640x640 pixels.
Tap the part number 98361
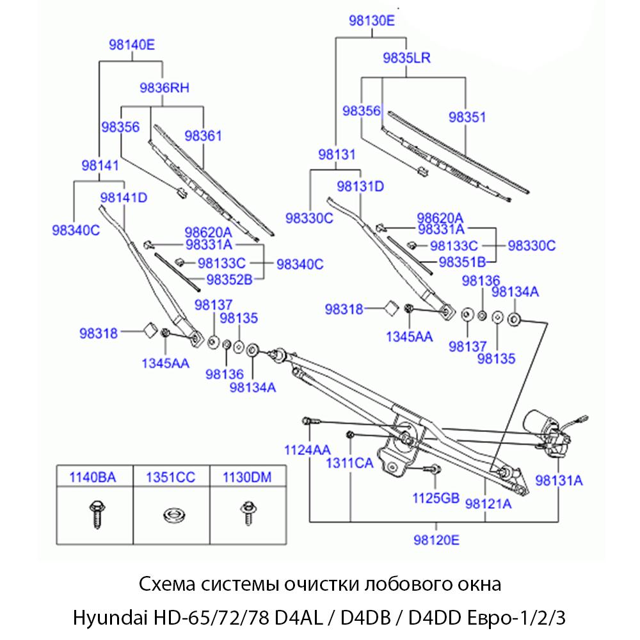click(x=203, y=136)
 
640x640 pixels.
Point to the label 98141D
click(x=124, y=197)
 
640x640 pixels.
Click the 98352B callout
click(x=229, y=278)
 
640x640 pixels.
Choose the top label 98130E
click(x=372, y=20)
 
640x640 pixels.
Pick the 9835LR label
click(x=406, y=58)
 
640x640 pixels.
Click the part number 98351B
click(x=463, y=261)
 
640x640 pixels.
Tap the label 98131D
click(x=360, y=186)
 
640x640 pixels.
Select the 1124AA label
click(x=307, y=449)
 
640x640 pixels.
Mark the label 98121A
click(x=489, y=504)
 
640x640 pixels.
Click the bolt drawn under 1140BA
click(x=93, y=513)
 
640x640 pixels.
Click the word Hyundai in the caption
click(x=110, y=620)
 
